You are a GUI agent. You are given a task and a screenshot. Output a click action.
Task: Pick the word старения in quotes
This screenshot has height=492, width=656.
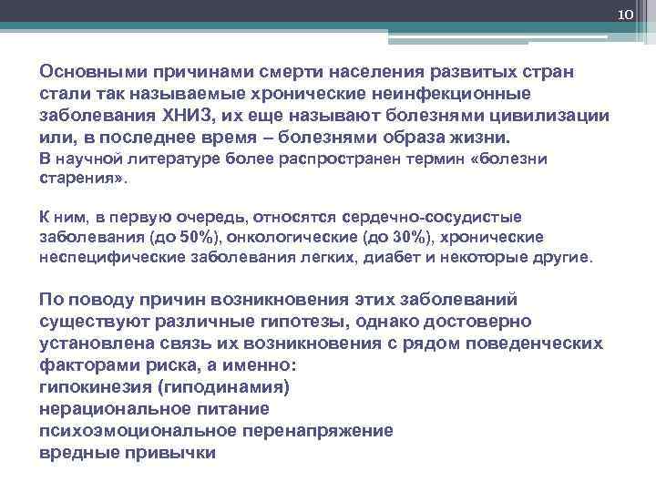click(80, 179)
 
